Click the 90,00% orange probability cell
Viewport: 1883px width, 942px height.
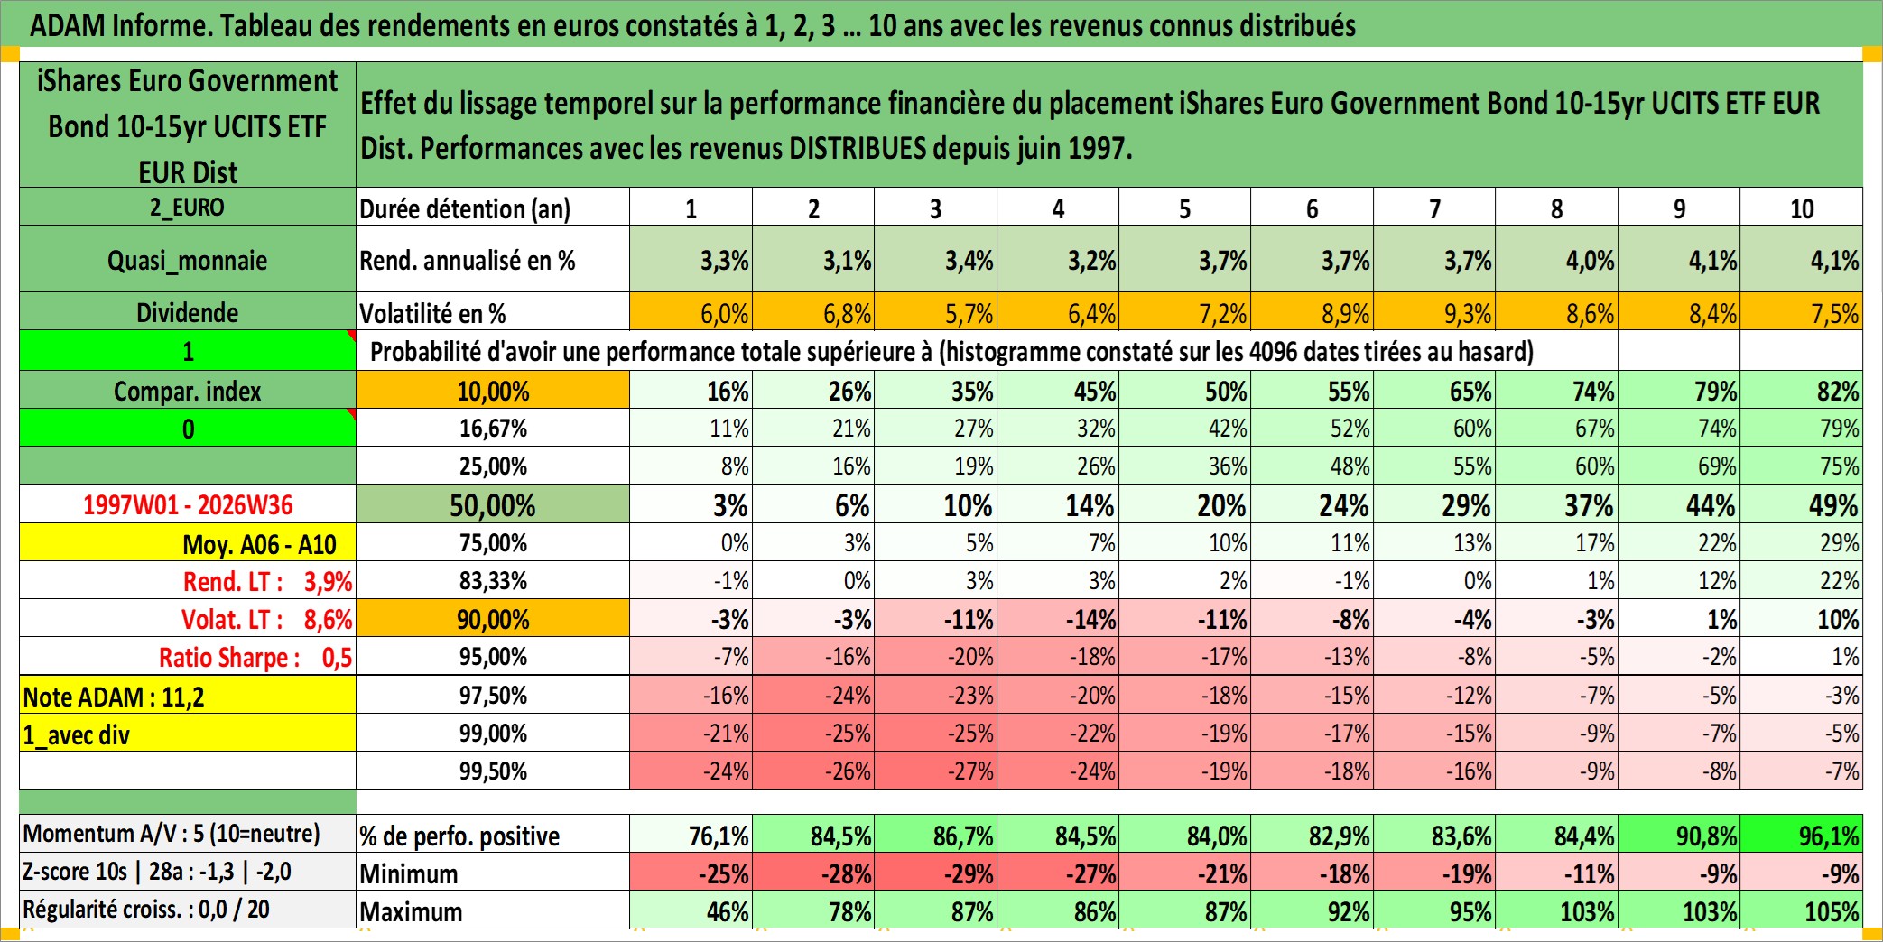click(x=493, y=619)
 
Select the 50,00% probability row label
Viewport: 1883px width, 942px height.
click(x=493, y=504)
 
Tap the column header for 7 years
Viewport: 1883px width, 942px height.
click(x=1434, y=208)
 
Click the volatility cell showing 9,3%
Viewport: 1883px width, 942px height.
click(x=1434, y=312)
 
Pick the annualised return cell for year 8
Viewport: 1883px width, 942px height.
click(x=1557, y=260)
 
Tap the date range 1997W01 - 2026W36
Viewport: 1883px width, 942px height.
click(x=188, y=504)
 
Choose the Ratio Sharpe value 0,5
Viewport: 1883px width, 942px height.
click(x=337, y=657)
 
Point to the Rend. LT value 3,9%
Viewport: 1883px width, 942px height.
click(x=328, y=581)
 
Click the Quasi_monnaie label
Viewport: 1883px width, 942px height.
click(x=188, y=260)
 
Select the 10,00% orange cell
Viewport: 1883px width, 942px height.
click(x=493, y=391)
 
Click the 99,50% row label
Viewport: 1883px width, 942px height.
click(x=493, y=771)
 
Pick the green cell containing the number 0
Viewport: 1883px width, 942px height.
click(x=188, y=429)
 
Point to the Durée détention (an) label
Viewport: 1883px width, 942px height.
click(x=465, y=208)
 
